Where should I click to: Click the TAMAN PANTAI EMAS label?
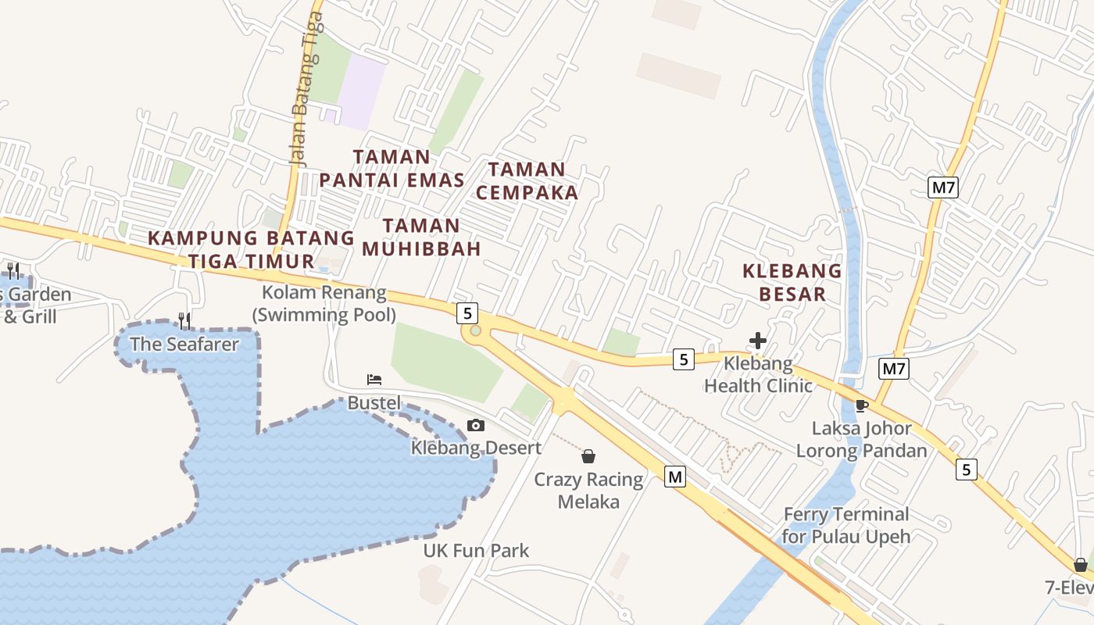point(391,169)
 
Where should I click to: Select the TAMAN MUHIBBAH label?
point(421,237)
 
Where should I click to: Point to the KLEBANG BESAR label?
point(792,282)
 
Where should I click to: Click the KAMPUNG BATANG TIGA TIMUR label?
point(251,249)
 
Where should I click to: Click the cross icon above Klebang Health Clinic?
point(757,341)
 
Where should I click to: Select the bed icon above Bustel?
point(374,380)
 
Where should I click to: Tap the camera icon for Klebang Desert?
point(475,425)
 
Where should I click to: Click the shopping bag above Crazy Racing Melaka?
point(588,456)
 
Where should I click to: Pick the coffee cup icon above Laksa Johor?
point(862,405)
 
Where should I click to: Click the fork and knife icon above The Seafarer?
point(184,320)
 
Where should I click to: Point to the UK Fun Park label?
point(476,551)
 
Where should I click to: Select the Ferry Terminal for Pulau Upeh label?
point(846,525)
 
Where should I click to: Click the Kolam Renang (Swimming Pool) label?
point(324,303)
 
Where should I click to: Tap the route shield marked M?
point(675,476)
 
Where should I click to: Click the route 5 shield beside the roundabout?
point(467,313)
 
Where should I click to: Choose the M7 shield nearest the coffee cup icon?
point(894,368)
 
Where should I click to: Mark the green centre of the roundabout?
point(475,331)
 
